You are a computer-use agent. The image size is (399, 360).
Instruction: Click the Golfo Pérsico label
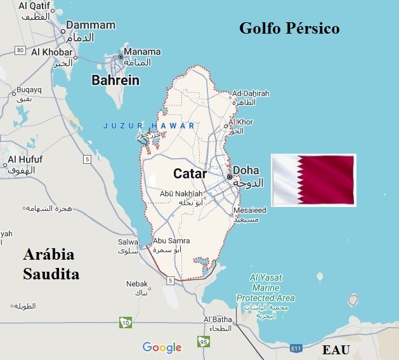pyautogui.click(x=289, y=29)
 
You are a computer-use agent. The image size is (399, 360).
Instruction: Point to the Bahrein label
pyautogui.click(x=115, y=80)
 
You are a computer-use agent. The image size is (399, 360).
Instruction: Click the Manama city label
pyautogui.click(x=143, y=52)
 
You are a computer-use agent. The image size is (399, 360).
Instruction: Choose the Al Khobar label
pyautogui.click(x=53, y=52)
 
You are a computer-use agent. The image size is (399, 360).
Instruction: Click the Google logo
pyautogui.click(x=162, y=347)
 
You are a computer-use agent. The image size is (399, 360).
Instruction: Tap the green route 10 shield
pyautogui.click(x=126, y=323)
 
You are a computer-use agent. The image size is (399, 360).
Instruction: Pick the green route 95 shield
pyautogui.click(x=203, y=342)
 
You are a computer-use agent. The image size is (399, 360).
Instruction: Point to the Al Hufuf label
pyautogui.click(x=26, y=159)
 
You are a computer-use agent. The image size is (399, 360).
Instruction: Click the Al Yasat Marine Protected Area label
pyautogui.click(x=265, y=288)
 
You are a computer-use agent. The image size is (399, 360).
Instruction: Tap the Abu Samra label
pyautogui.click(x=172, y=241)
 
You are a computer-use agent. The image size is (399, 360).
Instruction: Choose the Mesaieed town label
pyautogui.click(x=249, y=210)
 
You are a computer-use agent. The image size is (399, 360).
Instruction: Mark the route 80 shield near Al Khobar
pyautogui.click(x=21, y=50)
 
